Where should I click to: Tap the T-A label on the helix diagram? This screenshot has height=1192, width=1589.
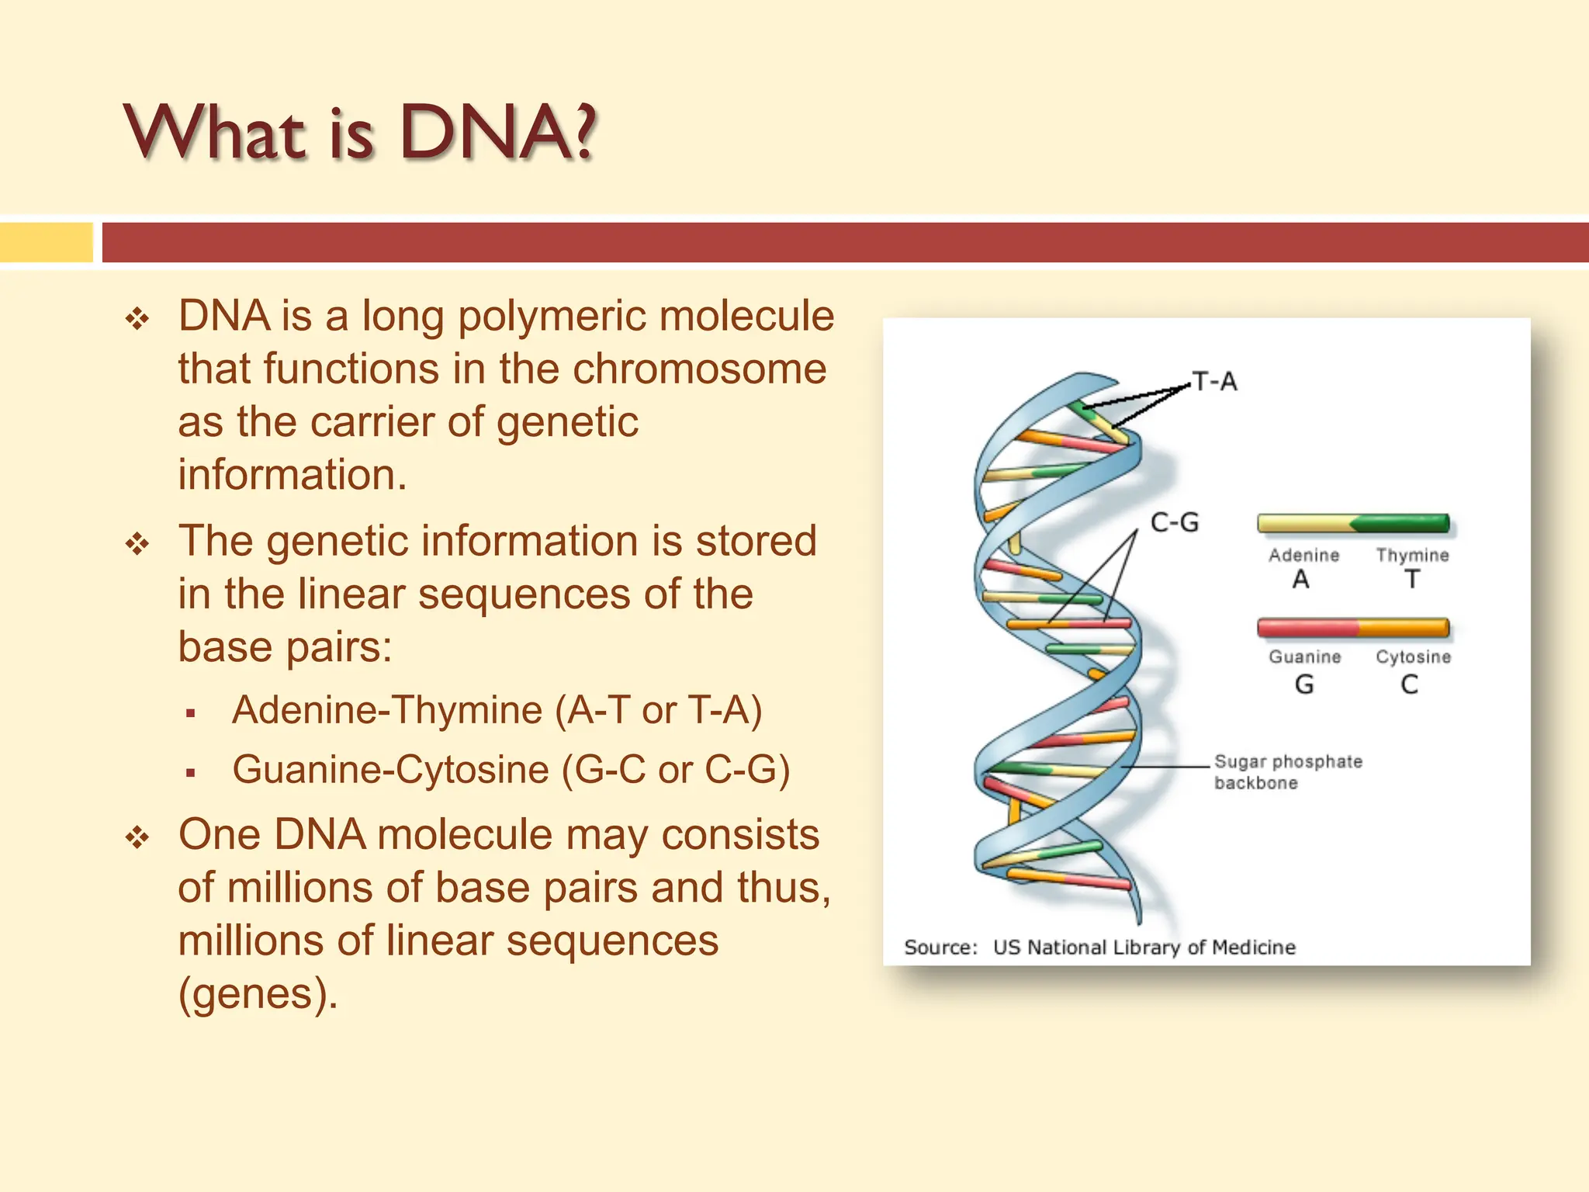pyautogui.click(x=1215, y=382)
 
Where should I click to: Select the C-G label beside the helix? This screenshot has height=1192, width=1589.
pyautogui.click(x=1175, y=522)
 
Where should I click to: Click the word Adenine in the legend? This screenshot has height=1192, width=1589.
pyautogui.click(x=1303, y=555)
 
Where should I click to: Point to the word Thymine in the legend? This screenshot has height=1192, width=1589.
pyautogui.click(x=1412, y=555)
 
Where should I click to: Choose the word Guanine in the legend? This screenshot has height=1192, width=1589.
pyautogui.click(x=1304, y=657)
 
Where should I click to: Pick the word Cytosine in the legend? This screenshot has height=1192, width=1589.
pyautogui.click(x=1413, y=657)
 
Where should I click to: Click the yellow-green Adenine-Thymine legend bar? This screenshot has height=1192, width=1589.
pyautogui.click(x=1353, y=524)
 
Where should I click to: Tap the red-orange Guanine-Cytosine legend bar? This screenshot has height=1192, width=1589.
pyautogui.click(x=1353, y=627)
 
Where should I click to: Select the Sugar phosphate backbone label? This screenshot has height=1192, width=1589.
pyautogui.click(x=1287, y=771)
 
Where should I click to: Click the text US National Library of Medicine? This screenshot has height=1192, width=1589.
pyautogui.click(x=1144, y=947)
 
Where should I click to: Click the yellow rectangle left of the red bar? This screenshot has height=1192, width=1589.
pyautogui.click(x=46, y=242)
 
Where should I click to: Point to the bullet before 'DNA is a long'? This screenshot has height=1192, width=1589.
pyautogui.click(x=137, y=318)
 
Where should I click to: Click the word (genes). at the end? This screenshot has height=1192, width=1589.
pyautogui.click(x=258, y=993)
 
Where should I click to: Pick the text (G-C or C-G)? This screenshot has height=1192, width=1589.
pyautogui.click(x=676, y=770)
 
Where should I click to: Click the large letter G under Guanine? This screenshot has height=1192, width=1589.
pyautogui.click(x=1304, y=684)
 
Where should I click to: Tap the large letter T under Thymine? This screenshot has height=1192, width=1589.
pyautogui.click(x=1412, y=579)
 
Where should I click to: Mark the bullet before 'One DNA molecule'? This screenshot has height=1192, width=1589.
pyautogui.click(x=137, y=837)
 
